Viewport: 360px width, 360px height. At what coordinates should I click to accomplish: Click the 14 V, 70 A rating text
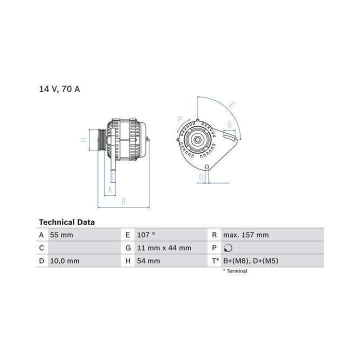point(59,89)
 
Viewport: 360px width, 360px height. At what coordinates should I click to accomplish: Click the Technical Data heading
point(67,222)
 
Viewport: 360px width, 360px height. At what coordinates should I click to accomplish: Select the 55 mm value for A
point(61,235)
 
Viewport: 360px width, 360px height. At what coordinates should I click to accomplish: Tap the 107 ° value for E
point(146,235)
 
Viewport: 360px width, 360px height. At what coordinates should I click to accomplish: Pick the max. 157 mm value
point(246,235)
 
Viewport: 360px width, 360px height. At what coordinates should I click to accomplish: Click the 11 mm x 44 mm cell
point(164,248)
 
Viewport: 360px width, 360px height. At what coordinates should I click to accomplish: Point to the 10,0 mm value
point(64,261)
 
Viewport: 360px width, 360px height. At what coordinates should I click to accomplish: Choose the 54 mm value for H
point(148,261)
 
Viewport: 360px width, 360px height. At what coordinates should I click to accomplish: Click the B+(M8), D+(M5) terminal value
point(250,261)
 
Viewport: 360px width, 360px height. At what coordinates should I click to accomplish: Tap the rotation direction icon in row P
point(228,248)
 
